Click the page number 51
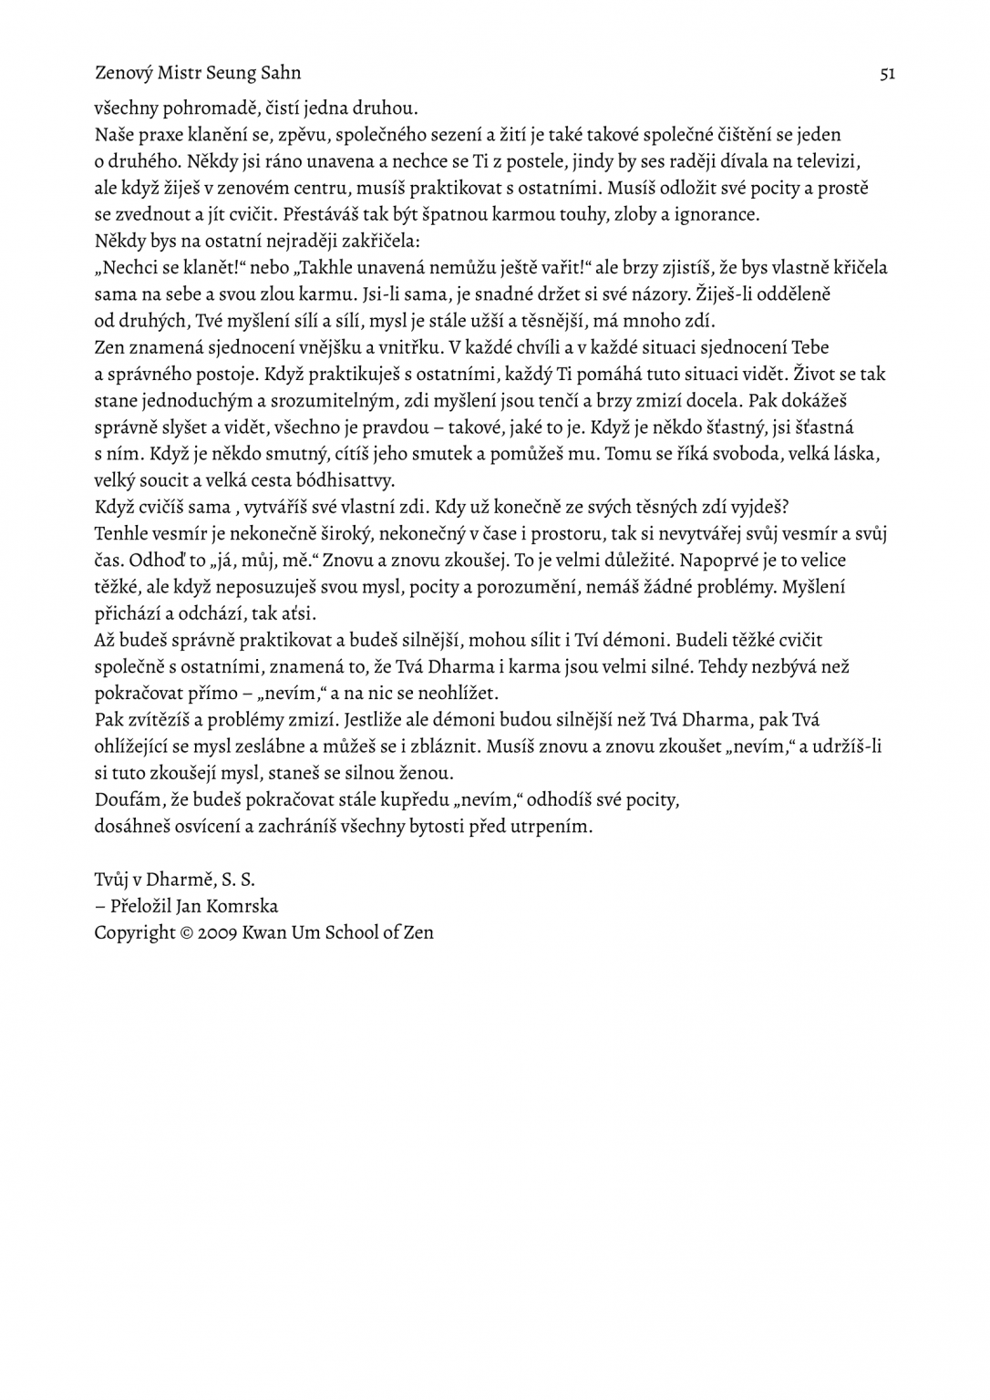click(x=887, y=73)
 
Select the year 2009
click(x=217, y=932)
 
